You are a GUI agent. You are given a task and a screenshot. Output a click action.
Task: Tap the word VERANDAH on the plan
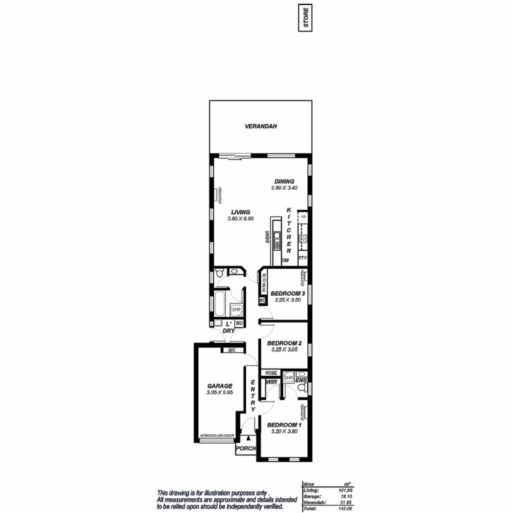pos(260,126)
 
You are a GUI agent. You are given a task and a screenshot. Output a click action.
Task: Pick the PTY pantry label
pos(303,258)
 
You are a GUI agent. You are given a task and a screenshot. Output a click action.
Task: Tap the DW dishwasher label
pos(286,260)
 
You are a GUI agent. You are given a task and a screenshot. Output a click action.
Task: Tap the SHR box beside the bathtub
pos(235,310)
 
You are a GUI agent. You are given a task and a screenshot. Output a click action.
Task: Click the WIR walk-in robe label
pos(270,382)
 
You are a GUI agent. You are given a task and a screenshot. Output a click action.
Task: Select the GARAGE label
pos(219,386)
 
